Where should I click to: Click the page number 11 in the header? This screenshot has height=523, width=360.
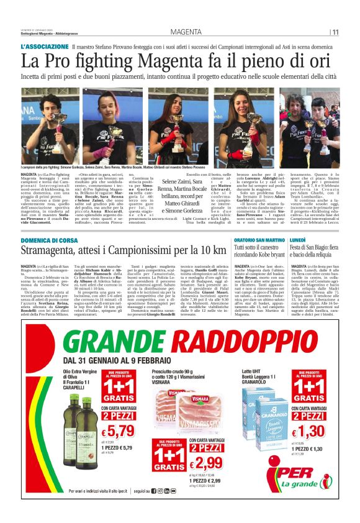click(x=335, y=32)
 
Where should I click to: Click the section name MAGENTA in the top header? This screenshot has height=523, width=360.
click(x=186, y=32)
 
